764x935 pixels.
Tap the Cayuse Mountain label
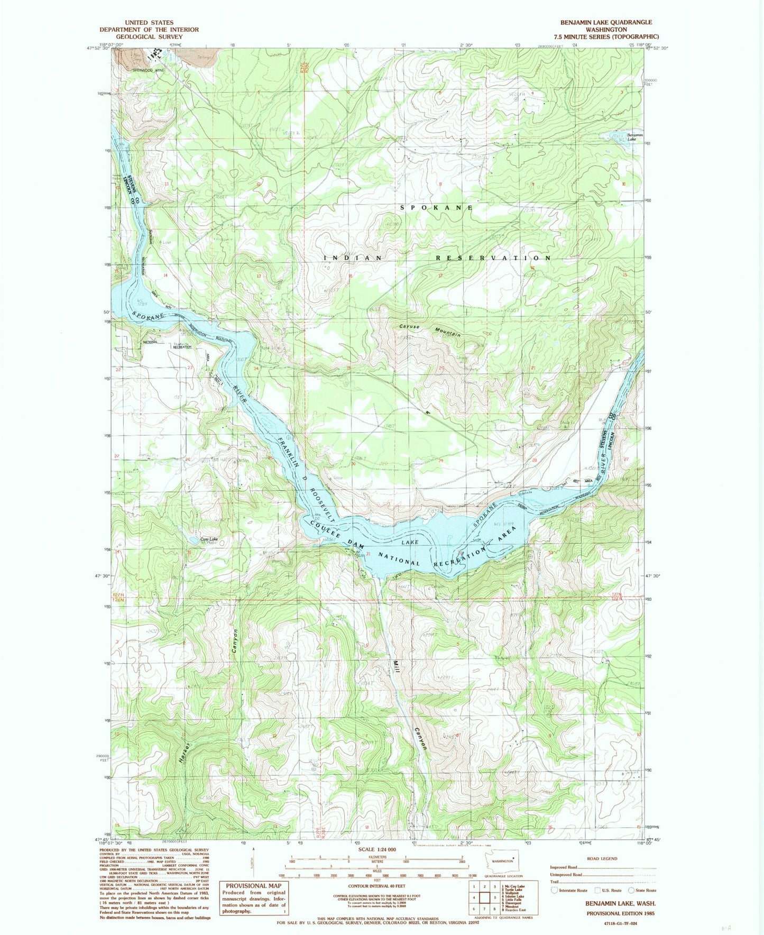[x=430, y=330]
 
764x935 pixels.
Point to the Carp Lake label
[x=208, y=539]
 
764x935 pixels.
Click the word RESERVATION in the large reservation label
[x=493, y=258]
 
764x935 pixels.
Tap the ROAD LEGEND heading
[x=601, y=858]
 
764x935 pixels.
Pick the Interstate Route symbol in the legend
[x=555, y=890]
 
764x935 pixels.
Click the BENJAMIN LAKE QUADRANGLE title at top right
[x=606, y=22]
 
